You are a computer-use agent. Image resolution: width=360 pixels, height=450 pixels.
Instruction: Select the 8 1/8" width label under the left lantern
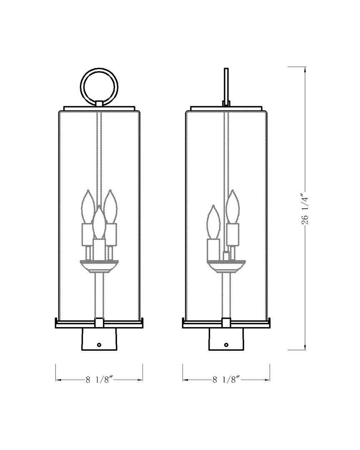[x=99, y=380]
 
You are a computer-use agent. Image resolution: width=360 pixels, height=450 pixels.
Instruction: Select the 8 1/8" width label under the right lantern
[x=226, y=380]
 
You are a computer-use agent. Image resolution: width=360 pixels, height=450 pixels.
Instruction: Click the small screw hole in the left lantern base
[x=99, y=345]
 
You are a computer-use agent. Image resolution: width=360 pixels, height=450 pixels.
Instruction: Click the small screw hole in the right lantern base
[x=226, y=345]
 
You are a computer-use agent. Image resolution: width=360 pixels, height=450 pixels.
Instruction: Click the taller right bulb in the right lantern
[x=233, y=207]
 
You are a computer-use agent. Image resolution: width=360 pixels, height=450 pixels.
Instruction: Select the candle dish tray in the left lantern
[x=99, y=265]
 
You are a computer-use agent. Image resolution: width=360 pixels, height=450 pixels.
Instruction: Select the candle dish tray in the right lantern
[x=226, y=265]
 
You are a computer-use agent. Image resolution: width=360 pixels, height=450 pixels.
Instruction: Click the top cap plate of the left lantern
[x=99, y=108]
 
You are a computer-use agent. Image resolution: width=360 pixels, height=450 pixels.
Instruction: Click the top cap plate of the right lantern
[x=226, y=108]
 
